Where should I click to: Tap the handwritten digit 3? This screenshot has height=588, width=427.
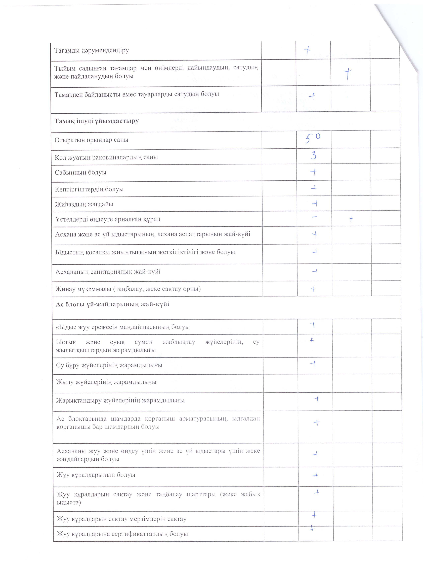pyautogui.click(x=313, y=156)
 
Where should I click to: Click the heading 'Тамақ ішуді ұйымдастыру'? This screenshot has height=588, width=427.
pyautogui.click(x=97, y=121)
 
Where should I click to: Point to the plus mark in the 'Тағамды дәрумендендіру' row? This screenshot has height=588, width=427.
pyautogui.click(x=308, y=51)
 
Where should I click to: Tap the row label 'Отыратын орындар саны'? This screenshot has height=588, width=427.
pyautogui.click(x=91, y=140)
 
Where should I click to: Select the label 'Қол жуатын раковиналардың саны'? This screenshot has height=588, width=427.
pyautogui.click(x=106, y=157)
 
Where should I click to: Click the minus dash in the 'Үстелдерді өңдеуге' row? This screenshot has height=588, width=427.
pyautogui.click(x=314, y=217)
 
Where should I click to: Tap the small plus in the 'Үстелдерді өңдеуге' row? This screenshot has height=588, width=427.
pyautogui.click(x=351, y=220)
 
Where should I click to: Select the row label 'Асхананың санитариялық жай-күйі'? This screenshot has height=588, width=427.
pyautogui.click(x=108, y=272)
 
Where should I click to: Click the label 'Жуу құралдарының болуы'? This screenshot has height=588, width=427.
pyautogui.click(x=96, y=475)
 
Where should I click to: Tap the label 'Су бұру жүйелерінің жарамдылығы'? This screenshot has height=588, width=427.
pyautogui.click(x=109, y=365)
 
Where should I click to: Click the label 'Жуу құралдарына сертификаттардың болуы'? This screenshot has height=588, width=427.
pyautogui.click(x=122, y=534)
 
